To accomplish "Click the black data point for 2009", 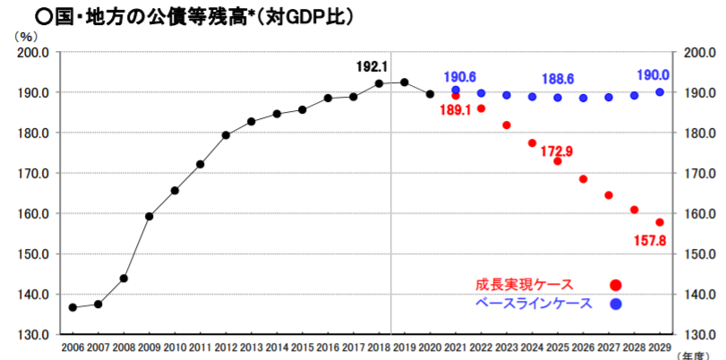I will [149, 216].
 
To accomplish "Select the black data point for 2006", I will [73, 307].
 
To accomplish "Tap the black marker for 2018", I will [379, 83].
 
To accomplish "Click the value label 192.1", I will [373, 66].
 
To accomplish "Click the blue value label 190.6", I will [458, 76].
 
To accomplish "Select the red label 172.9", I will [556, 150].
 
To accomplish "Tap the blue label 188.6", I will [559, 79].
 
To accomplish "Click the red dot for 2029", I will [660, 222].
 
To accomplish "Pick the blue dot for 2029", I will [660, 91].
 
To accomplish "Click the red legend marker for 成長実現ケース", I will [615, 285].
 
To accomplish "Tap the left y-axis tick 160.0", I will [32, 214].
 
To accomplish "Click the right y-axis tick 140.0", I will [699, 295].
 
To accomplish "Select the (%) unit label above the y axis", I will [28, 36].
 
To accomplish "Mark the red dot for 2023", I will [507, 124].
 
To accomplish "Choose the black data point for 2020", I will [430, 94].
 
